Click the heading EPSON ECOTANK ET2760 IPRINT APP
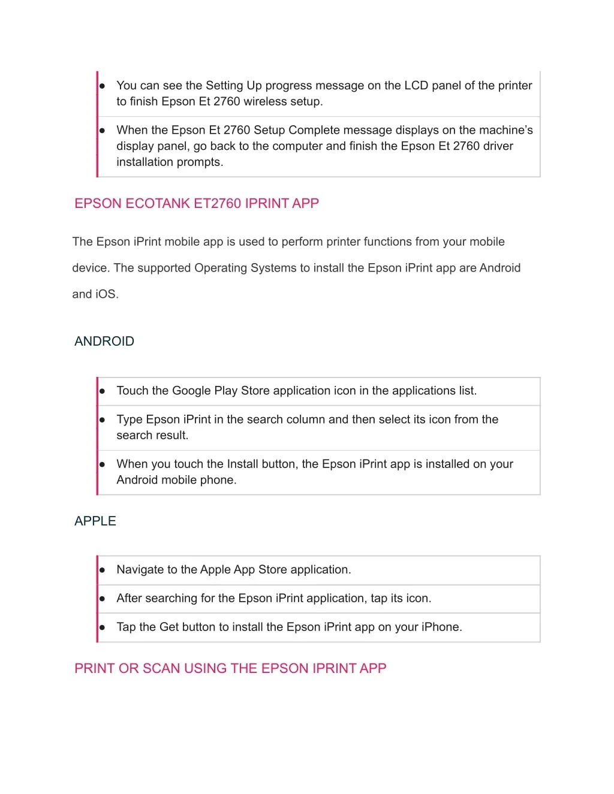(197, 203)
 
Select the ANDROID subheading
(104, 341)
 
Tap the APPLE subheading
(95, 521)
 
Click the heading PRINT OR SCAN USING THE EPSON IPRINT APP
(230, 668)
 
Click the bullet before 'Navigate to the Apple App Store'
(103, 570)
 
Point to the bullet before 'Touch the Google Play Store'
(103, 391)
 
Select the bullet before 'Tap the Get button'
(103, 627)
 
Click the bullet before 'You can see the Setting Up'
(103, 86)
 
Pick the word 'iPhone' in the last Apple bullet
(440, 627)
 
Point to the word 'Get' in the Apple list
(169, 627)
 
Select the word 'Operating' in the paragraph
(221, 268)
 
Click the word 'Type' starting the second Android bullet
(129, 419)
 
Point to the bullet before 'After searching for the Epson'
(103, 599)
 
